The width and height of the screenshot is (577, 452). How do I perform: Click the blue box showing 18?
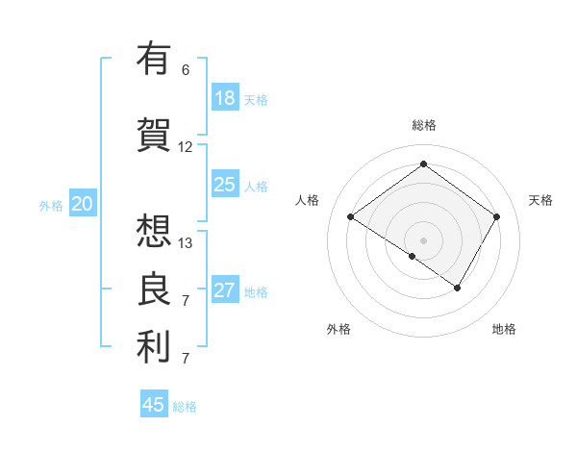point(225,98)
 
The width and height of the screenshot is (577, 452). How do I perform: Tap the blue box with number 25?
point(225,185)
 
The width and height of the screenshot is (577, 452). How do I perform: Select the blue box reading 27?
point(225,291)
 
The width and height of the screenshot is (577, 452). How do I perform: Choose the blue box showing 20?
point(83,203)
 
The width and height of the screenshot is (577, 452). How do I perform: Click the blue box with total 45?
point(154,405)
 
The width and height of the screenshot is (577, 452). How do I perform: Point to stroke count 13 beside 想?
point(186,242)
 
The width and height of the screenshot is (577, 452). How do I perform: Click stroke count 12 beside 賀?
point(186,147)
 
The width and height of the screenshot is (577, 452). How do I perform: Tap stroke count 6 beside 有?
point(186,69)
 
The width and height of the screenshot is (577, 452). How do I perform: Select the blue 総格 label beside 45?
point(185,407)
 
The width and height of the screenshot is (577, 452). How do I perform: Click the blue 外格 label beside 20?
point(51,205)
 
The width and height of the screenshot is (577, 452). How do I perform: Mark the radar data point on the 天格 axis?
point(496,216)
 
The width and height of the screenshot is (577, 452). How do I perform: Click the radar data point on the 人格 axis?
point(351,216)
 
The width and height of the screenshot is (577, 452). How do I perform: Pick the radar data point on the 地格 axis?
point(458,288)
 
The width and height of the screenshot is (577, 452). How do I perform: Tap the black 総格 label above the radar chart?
point(424,125)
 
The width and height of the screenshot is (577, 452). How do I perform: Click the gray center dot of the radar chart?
point(423,239)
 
